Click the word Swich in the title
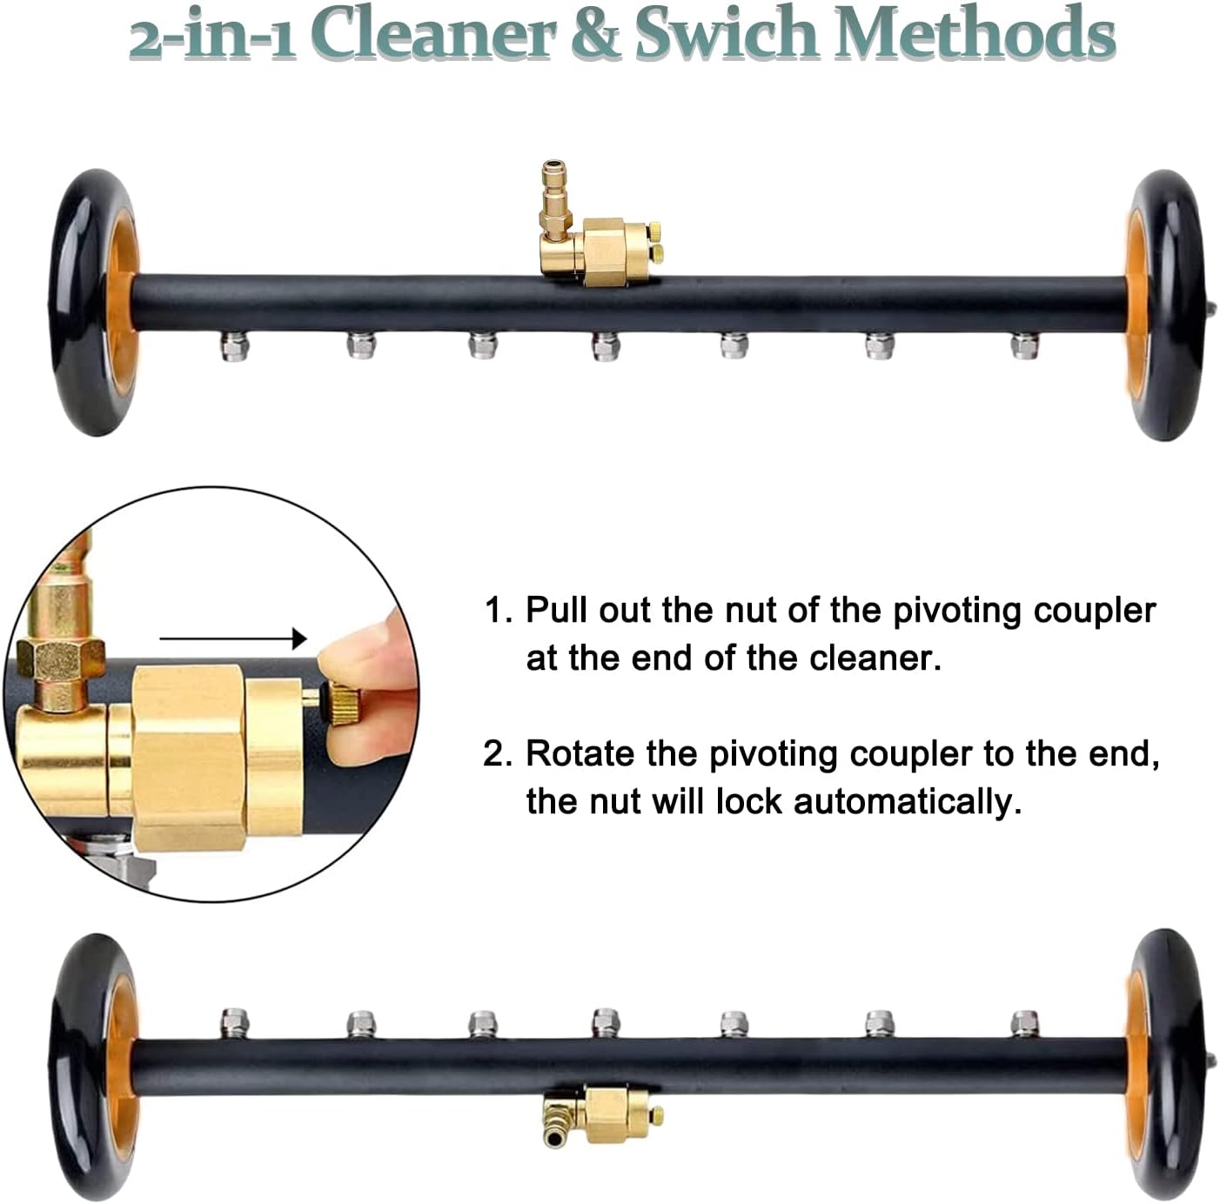tap(727, 35)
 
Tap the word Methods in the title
tap(975, 35)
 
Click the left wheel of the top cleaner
tap(94, 303)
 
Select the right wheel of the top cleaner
tap(1166, 304)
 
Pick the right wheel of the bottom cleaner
tap(1166, 1066)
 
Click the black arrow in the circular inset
tap(233, 639)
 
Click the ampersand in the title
tap(599, 35)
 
